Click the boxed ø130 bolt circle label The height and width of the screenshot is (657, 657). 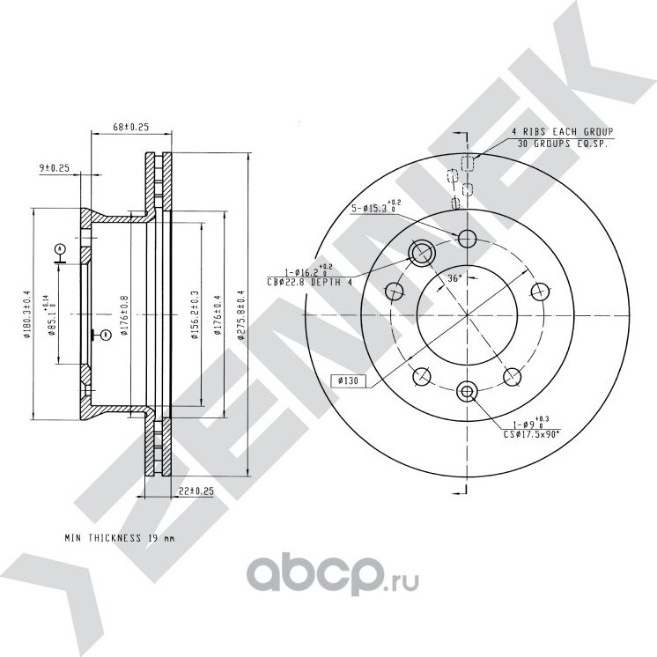[347, 380]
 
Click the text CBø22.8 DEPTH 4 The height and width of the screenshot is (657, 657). [309, 282]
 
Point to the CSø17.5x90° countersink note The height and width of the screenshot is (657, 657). [531, 433]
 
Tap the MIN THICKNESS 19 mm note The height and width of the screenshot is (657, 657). [120, 537]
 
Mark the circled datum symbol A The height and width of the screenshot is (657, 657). [60, 248]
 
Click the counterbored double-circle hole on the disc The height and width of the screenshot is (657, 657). [421, 254]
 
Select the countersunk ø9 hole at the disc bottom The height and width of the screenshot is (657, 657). [467, 390]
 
